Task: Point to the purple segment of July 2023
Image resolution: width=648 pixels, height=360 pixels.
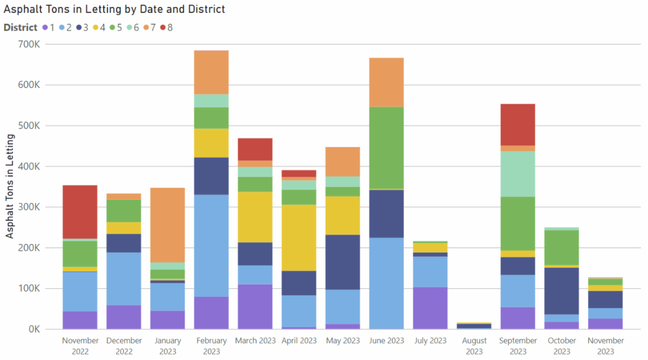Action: click(430, 308)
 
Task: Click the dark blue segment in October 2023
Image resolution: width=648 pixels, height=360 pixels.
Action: click(561, 290)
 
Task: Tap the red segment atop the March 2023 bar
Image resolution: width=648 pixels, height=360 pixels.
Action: click(255, 149)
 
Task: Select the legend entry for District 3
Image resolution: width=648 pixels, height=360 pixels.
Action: click(82, 27)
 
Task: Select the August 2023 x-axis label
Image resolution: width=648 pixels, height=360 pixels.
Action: click(474, 346)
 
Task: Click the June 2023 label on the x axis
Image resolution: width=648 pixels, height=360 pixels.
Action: click(386, 341)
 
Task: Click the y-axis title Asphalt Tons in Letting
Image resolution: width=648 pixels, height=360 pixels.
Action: click(10, 187)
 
